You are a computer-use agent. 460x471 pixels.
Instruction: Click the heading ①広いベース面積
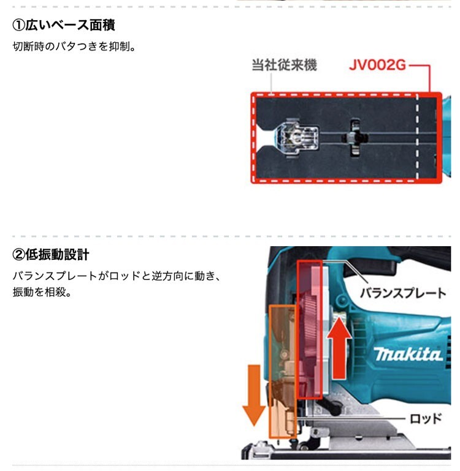coord(64,25)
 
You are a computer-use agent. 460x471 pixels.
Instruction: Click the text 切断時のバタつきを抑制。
coord(74,47)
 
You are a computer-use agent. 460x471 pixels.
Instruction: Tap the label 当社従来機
coord(284,65)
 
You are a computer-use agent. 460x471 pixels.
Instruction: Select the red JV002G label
coord(377,65)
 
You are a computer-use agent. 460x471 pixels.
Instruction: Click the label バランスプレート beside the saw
coord(403,293)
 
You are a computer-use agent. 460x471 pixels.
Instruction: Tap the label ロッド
coord(426,419)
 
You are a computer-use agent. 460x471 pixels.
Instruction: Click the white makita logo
coord(408,353)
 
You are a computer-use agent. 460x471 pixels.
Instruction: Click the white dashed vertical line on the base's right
coord(417,137)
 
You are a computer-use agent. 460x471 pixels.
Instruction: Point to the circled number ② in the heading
coord(18,254)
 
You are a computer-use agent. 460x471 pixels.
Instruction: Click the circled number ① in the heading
coord(18,25)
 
